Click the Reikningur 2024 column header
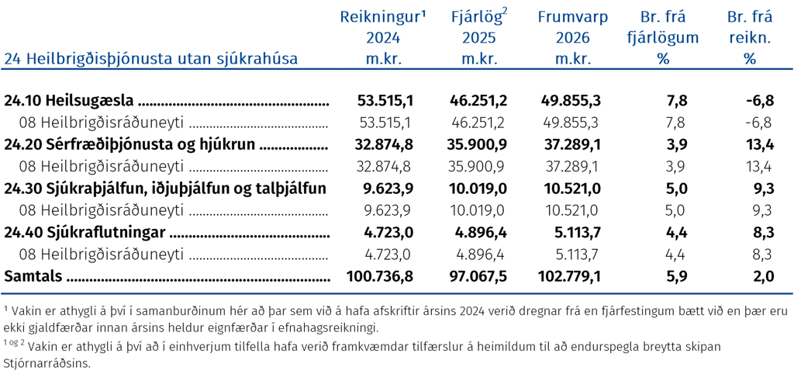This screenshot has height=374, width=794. [x=383, y=38]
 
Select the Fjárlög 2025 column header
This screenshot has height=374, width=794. [x=478, y=38]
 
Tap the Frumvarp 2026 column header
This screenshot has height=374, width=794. [x=573, y=38]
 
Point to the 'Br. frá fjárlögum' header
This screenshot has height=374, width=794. [x=663, y=38]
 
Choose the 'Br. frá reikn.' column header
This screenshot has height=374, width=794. [x=750, y=38]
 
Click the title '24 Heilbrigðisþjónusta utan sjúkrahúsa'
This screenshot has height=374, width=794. [x=151, y=59]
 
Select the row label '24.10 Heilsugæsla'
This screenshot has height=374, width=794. [x=69, y=101]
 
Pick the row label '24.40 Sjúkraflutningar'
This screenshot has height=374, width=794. [x=85, y=233]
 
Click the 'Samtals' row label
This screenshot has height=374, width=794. [x=33, y=276]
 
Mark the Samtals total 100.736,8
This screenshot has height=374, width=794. [x=380, y=276]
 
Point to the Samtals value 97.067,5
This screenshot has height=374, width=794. [x=478, y=276]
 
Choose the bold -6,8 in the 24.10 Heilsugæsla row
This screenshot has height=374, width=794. [x=760, y=101]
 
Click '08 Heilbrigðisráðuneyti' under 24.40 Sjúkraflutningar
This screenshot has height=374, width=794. [x=101, y=254]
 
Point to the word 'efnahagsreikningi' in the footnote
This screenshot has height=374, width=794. [x=333, y=327]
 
